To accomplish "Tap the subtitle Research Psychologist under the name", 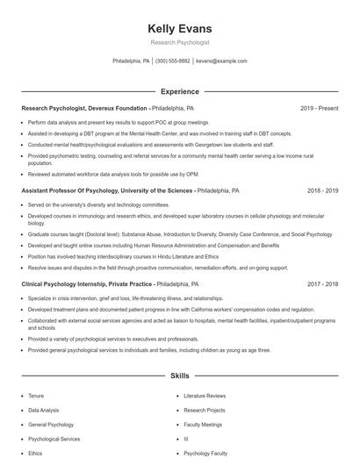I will (x=179, y=42).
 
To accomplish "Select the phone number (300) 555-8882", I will (x=173, y=61).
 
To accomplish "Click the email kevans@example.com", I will (x=221, y=61).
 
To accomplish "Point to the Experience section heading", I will (x=179, y=91).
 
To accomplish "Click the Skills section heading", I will (x=179, y=376).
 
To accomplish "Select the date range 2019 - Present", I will (x=319, y=108).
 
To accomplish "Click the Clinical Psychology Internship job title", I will (x=87, y=284).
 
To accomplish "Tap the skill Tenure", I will (x=35, y=396).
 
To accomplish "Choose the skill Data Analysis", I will (x=44, y=410).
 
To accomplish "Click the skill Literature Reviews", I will (x=204, y=396).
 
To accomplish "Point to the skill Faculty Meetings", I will (x=203, y=424).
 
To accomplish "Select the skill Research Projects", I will (x=204, y=410).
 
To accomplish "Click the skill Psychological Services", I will (x=54, y=439).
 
